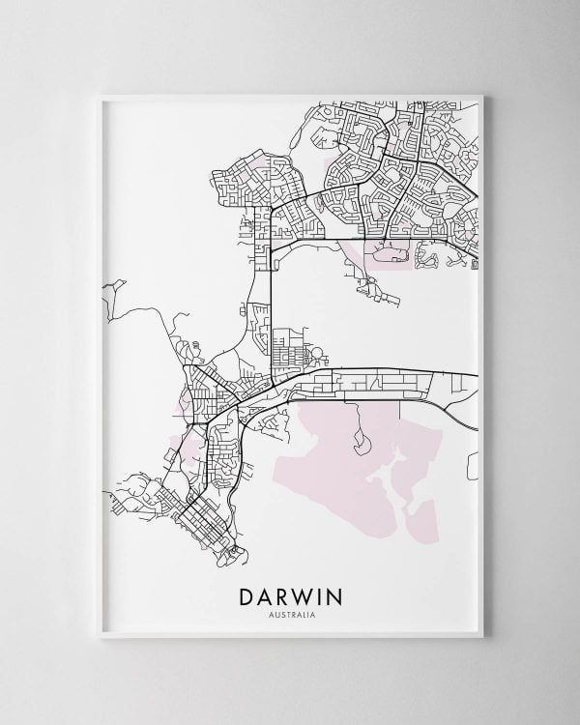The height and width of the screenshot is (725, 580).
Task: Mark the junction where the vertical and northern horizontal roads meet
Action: tap(272, 240)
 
